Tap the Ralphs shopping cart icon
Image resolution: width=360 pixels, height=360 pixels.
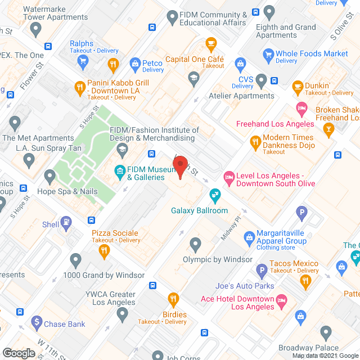83,61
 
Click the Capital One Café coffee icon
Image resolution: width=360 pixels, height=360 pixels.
211,43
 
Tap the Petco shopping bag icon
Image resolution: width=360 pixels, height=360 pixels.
135,64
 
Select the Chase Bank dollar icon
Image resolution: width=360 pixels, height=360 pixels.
37,323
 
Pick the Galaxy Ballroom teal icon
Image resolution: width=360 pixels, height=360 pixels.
214,196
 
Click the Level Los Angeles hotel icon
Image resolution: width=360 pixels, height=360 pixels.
228,178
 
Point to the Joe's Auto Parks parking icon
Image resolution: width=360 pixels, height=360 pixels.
260,271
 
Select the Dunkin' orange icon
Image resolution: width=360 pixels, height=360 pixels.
298,87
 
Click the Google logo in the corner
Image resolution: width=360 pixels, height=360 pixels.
19,353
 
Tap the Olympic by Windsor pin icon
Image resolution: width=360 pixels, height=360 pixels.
196,245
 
